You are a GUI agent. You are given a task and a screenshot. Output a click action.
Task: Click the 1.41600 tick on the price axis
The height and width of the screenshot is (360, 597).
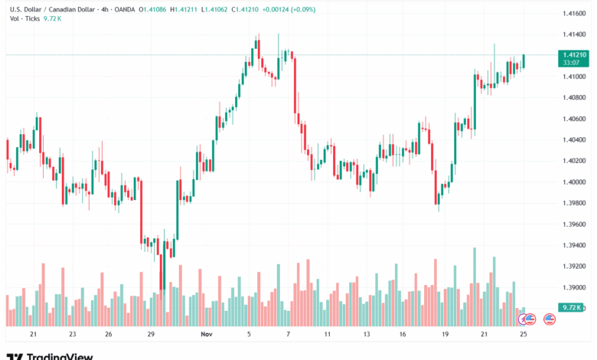click(574, 14)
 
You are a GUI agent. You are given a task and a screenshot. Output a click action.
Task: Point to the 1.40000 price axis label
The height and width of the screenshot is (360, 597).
click(574, 182)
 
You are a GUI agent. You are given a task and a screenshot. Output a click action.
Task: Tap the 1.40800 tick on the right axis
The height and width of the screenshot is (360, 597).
click(574, 98)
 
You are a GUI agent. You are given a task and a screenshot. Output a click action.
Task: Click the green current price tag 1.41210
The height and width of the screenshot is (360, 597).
click(574, 55)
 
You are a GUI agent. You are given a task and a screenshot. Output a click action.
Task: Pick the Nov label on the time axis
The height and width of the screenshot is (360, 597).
click(207, 335)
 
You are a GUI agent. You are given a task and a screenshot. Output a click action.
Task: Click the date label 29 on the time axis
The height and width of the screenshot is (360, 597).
click(151, 335)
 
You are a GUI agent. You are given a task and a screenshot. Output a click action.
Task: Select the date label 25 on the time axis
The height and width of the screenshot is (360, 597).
click(523, 335)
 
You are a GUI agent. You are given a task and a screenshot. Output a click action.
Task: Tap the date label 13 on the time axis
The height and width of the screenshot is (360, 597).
click(367, 335)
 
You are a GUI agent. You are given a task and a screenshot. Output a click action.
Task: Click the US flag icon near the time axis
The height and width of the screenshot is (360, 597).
click(549, 318)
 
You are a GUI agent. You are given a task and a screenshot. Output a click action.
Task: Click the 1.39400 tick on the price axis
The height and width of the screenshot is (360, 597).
click(574, 245)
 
